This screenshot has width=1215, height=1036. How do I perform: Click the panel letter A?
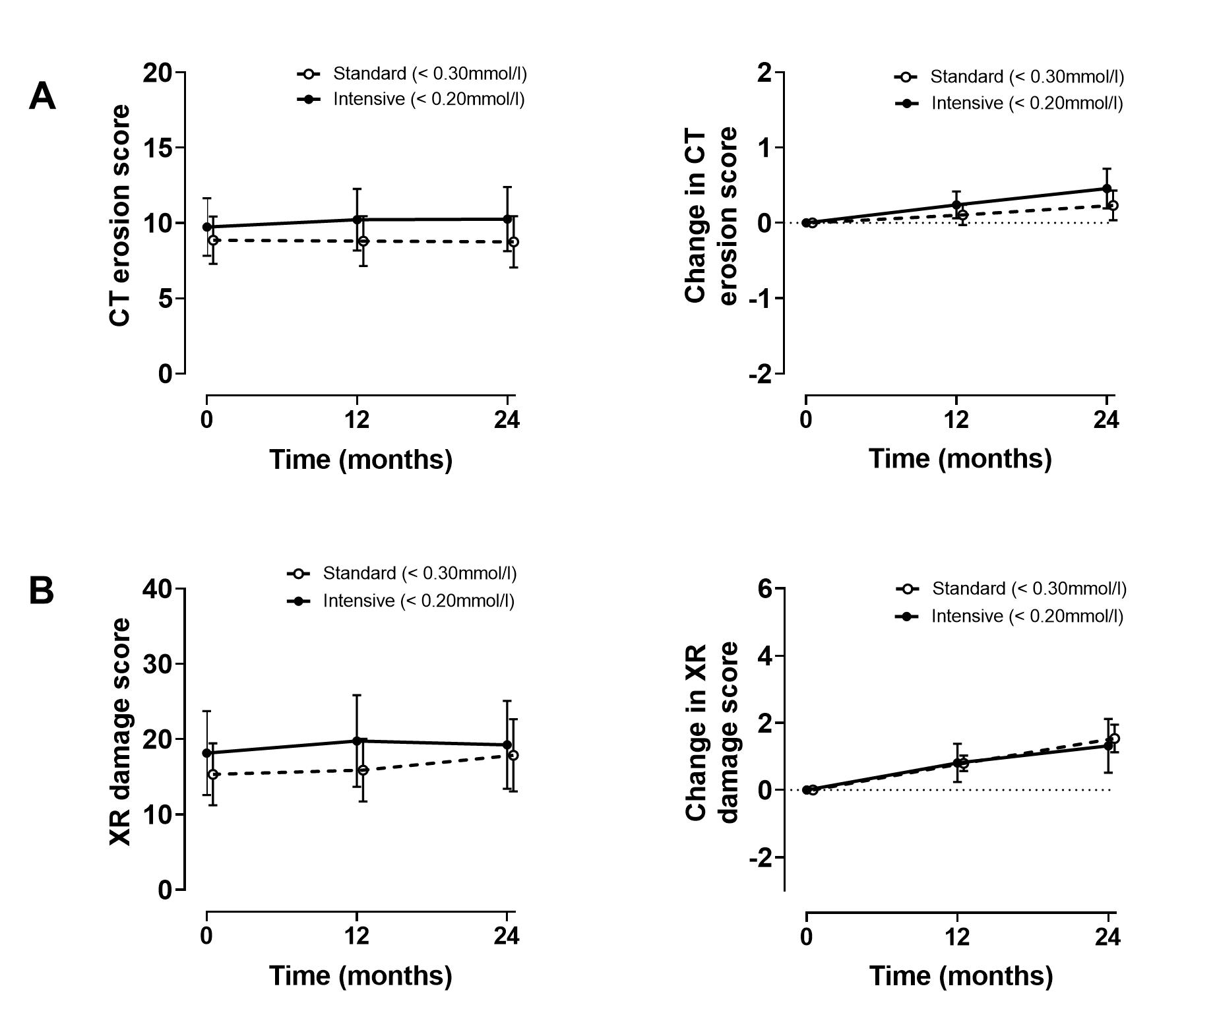(42, 97)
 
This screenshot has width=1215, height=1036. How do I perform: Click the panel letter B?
(42, 591)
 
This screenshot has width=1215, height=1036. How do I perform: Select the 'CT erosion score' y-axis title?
(121, 216)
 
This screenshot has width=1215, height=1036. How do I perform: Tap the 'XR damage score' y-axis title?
(121, 732)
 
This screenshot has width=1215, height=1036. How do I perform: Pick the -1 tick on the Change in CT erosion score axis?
(760, 299)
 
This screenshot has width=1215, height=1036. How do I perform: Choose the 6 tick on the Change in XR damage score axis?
(765, 589)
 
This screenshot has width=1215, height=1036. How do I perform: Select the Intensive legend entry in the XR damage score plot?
(418, 601)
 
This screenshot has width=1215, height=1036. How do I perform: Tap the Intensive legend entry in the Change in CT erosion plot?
(1026, 104)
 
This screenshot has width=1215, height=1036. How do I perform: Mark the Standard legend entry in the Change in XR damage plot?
(1028, 589)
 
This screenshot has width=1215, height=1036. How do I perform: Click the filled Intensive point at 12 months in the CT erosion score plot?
(357, 220)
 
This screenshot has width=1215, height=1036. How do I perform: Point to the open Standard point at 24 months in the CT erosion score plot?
(514, 242)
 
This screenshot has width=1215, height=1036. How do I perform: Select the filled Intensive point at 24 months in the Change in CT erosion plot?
(1107, 189)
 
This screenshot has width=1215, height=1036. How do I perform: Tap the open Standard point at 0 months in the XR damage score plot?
(213, 774)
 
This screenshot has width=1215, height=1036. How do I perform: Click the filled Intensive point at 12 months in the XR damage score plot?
(357, 741)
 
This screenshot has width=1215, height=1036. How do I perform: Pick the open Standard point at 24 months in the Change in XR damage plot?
(1114, 739)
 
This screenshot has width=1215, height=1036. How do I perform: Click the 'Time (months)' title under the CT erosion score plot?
(361, 460)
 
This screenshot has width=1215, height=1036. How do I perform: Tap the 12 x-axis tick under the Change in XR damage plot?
(957, 937)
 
